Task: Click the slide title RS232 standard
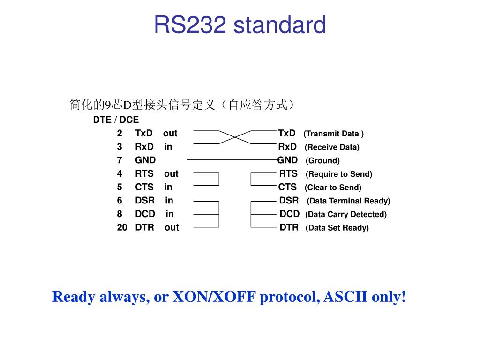[x=240, y=25]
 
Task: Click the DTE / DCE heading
[x=116, y=120]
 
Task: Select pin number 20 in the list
[x=122, y=227]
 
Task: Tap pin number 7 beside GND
[x=120, y=160]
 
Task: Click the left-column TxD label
[x=143, y=133]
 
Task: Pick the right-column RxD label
[x=287, y=147]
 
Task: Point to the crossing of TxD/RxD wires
[x=235, y=137]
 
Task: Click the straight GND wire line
[x=232, y=160]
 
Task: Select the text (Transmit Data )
[x=334, y=134]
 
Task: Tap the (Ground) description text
[x=322, y=161]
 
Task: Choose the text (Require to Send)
[x=339, y=174]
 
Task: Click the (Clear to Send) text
[x=333, y=187]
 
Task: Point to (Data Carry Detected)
[x=346, y=215]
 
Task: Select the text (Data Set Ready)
[x=337, y=228]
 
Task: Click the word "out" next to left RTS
[x=171, y=174]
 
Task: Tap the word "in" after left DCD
[x=170, y=214]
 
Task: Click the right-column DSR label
[x=289, y=201]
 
